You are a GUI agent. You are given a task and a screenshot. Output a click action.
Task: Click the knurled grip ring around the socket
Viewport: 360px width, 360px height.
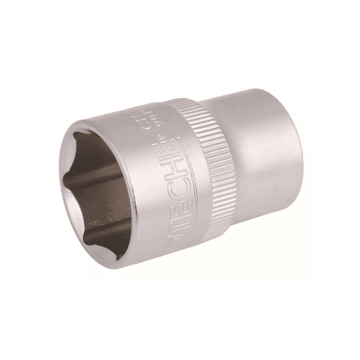(x=199, y=180)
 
